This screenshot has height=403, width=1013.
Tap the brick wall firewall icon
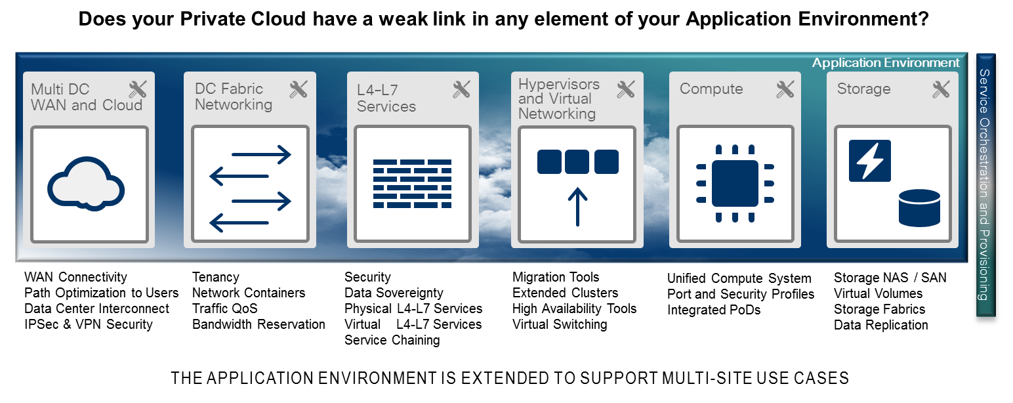[412, 183]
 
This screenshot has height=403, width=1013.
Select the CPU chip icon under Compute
[735, 183]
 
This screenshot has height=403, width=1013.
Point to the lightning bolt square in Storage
[870, 160]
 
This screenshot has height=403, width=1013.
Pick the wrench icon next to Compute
[785, 89]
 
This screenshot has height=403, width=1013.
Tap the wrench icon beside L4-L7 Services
[462, 89]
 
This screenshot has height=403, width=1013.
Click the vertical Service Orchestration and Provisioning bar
[985, 184]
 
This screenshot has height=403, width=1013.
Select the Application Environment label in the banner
[885, 63]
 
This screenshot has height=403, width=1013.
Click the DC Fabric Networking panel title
[233, 96]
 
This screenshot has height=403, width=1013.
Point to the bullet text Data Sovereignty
[394, 293]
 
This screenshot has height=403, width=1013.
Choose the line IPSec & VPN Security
[88, 324]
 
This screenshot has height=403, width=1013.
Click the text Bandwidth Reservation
[258, 324]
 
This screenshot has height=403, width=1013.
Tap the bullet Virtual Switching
[560, 324]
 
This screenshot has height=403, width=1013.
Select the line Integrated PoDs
[714, 310]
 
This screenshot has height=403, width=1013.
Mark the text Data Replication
[880, 325]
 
